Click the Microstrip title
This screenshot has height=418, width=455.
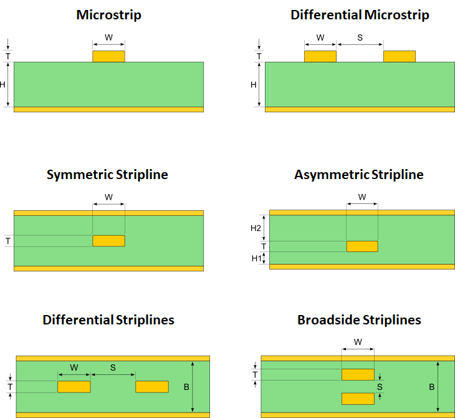[108, 14]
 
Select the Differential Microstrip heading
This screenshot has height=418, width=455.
[360, 14]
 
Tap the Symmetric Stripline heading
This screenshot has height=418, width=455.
[107, 175]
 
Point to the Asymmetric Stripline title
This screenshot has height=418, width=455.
[358, 175]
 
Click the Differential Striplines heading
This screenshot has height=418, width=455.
[108, 320]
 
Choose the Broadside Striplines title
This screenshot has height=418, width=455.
[359, 320]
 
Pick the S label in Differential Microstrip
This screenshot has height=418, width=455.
[360, 37]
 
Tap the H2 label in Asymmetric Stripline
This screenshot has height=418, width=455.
[256, 228]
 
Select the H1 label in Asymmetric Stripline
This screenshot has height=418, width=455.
[256, 258]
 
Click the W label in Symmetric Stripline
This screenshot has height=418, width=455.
[108, 197]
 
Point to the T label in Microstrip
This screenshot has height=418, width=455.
[8, 56]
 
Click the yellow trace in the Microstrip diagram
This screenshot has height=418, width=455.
[108, 56]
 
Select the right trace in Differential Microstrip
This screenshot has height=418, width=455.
[400, 56]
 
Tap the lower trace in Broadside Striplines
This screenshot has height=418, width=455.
[358, 399]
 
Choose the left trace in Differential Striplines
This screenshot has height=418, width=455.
[74, 387]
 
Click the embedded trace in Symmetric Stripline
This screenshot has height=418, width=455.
[108, 241]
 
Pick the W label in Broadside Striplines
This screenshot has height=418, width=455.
[358, 342]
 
